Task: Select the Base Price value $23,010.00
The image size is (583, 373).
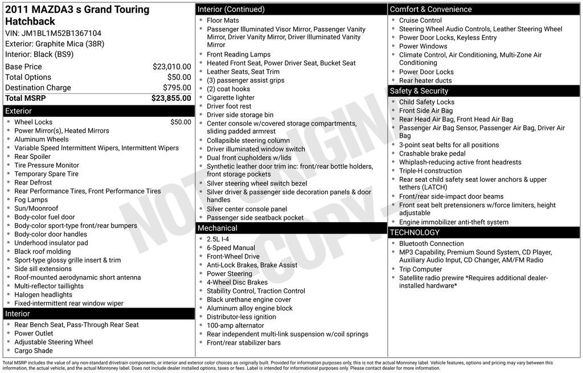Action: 171,67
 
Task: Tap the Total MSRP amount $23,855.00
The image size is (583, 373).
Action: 171,98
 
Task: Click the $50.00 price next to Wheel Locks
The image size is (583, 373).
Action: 180,122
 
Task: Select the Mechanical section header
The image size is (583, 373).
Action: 217,228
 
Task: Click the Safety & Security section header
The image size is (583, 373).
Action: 418,91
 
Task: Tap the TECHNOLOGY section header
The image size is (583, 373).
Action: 414,232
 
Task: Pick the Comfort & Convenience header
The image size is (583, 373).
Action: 430,9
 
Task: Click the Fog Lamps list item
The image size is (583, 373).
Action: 31,200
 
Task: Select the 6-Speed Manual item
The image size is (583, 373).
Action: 231,248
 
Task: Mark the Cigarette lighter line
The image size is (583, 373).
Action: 231,97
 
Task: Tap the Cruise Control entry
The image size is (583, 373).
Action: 420,21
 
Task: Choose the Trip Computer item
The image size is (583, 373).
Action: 420,269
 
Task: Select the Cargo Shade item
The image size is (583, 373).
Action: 33,351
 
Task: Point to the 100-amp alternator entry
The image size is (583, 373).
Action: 235,325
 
